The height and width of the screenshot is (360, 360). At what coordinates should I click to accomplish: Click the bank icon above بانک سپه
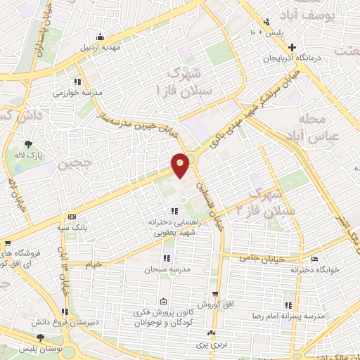(x=72, y=217)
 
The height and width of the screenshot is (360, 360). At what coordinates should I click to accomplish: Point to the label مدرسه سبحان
(x=164, y=269)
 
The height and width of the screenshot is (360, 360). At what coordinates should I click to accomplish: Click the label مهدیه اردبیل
(x=102, y=49)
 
